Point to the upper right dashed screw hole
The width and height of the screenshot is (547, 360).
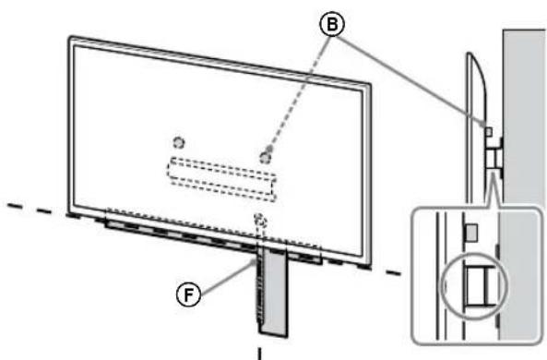point(266,156)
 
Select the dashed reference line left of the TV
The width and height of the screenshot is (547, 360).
point(37,207)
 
